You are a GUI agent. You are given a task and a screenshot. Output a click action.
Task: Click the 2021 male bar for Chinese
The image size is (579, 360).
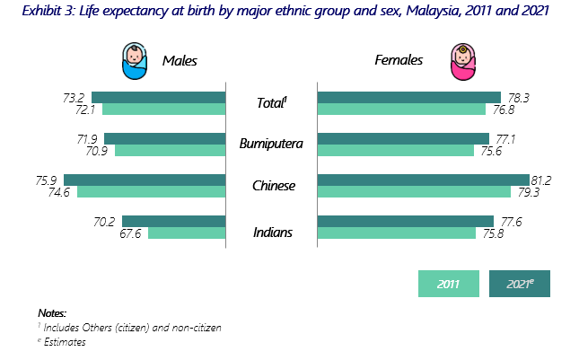144,180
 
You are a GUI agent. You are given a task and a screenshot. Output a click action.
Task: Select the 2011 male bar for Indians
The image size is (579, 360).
186,233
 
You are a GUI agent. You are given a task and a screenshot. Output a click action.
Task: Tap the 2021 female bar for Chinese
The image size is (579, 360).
423,180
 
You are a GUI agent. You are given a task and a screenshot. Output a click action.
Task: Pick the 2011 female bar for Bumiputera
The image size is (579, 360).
396,150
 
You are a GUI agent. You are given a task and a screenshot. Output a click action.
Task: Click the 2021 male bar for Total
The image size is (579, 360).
158,97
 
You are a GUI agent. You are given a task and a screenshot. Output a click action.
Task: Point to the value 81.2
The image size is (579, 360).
540,180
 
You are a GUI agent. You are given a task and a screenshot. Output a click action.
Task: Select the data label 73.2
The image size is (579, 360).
75,97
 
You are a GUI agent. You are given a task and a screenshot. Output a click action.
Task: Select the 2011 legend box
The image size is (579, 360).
449,284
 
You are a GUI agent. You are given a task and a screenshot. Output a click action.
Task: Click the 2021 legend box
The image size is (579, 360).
519,284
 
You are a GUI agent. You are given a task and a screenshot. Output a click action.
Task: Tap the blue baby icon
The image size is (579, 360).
134,61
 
